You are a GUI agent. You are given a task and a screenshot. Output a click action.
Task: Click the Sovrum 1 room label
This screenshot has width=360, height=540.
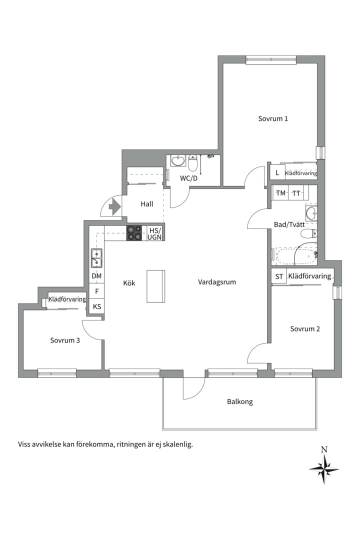[x=273, y=119]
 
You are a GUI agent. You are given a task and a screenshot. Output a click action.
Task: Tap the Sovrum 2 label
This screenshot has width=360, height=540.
[x=305, y=329]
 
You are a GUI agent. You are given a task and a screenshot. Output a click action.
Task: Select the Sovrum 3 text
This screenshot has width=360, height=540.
[x=65, y=340]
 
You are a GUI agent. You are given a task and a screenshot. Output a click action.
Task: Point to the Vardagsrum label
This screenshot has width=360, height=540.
[x=217, y=282]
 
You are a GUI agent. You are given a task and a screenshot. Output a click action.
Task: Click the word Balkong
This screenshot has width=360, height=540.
[x=240, y=401]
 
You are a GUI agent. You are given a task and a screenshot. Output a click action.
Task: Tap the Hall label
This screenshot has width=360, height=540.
[x=147, y=204]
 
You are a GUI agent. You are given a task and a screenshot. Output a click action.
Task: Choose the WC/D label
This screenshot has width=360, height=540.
[x=189, y=178]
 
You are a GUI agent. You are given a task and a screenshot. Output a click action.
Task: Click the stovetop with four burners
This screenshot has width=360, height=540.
[x=134, y=233]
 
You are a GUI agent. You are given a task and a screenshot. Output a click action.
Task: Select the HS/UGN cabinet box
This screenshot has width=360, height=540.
[x=154, y=233]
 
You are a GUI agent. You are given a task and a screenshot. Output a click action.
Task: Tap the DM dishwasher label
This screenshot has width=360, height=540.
[x=97, y=276]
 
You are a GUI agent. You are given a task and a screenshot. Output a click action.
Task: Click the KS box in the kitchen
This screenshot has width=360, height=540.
[x=97, y=306]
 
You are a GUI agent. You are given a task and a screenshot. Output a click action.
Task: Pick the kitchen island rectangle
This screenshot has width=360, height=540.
[x=155, y=286]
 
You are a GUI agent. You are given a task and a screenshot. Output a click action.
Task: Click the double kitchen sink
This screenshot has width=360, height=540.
[x=96, y=258]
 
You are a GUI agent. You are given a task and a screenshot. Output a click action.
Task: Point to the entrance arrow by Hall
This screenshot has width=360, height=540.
[x=114, y=207]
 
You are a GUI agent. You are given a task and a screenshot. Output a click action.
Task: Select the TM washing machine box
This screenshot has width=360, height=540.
[x=281, y=193]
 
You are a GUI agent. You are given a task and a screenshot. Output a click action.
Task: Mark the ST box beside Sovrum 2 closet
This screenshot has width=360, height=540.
[x=279, y=276]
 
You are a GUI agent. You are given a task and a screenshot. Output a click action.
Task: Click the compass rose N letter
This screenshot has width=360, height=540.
[x=324, y=449]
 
